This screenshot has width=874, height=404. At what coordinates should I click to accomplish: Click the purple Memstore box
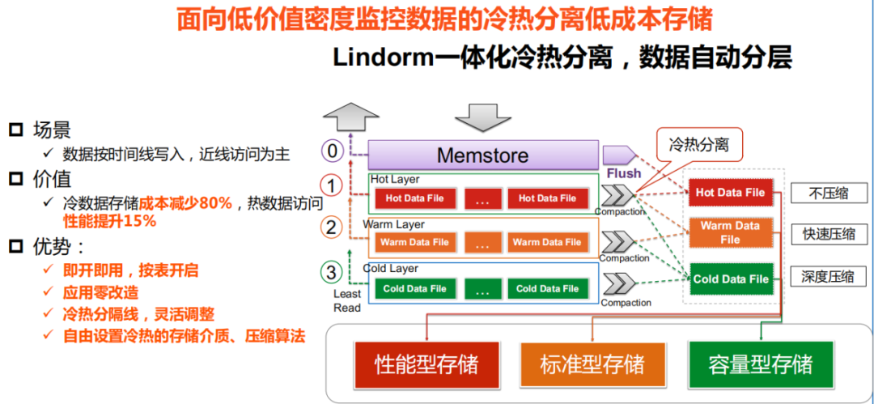[483, 155]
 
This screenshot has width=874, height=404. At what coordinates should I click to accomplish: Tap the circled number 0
[330, 151]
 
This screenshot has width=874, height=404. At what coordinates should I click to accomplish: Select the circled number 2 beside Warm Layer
[330, 228]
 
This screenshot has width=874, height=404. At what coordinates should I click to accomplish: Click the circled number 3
[330, 272]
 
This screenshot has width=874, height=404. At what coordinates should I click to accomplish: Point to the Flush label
[623, 173]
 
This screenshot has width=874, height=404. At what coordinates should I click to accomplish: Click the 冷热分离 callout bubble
[698, 146]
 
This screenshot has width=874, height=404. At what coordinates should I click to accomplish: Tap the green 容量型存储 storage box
[759, 364]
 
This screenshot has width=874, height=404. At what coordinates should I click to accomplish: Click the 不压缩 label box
[829, 193]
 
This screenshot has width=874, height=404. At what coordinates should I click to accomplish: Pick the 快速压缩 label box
[829, 235]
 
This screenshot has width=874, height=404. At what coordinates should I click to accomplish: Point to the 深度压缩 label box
[829, 276]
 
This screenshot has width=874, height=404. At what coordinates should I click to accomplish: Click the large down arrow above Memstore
[483, 117]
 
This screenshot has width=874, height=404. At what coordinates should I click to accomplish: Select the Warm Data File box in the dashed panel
[730, 233]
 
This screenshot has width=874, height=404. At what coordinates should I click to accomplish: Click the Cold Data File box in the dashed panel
[730, 279]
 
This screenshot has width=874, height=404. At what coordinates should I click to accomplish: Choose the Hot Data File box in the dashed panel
[730, 193]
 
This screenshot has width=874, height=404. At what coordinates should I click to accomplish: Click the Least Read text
[347, 300]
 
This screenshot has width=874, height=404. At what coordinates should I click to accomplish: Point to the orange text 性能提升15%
[109, 221]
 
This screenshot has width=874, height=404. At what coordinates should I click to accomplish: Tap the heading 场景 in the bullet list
[52, 130]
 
